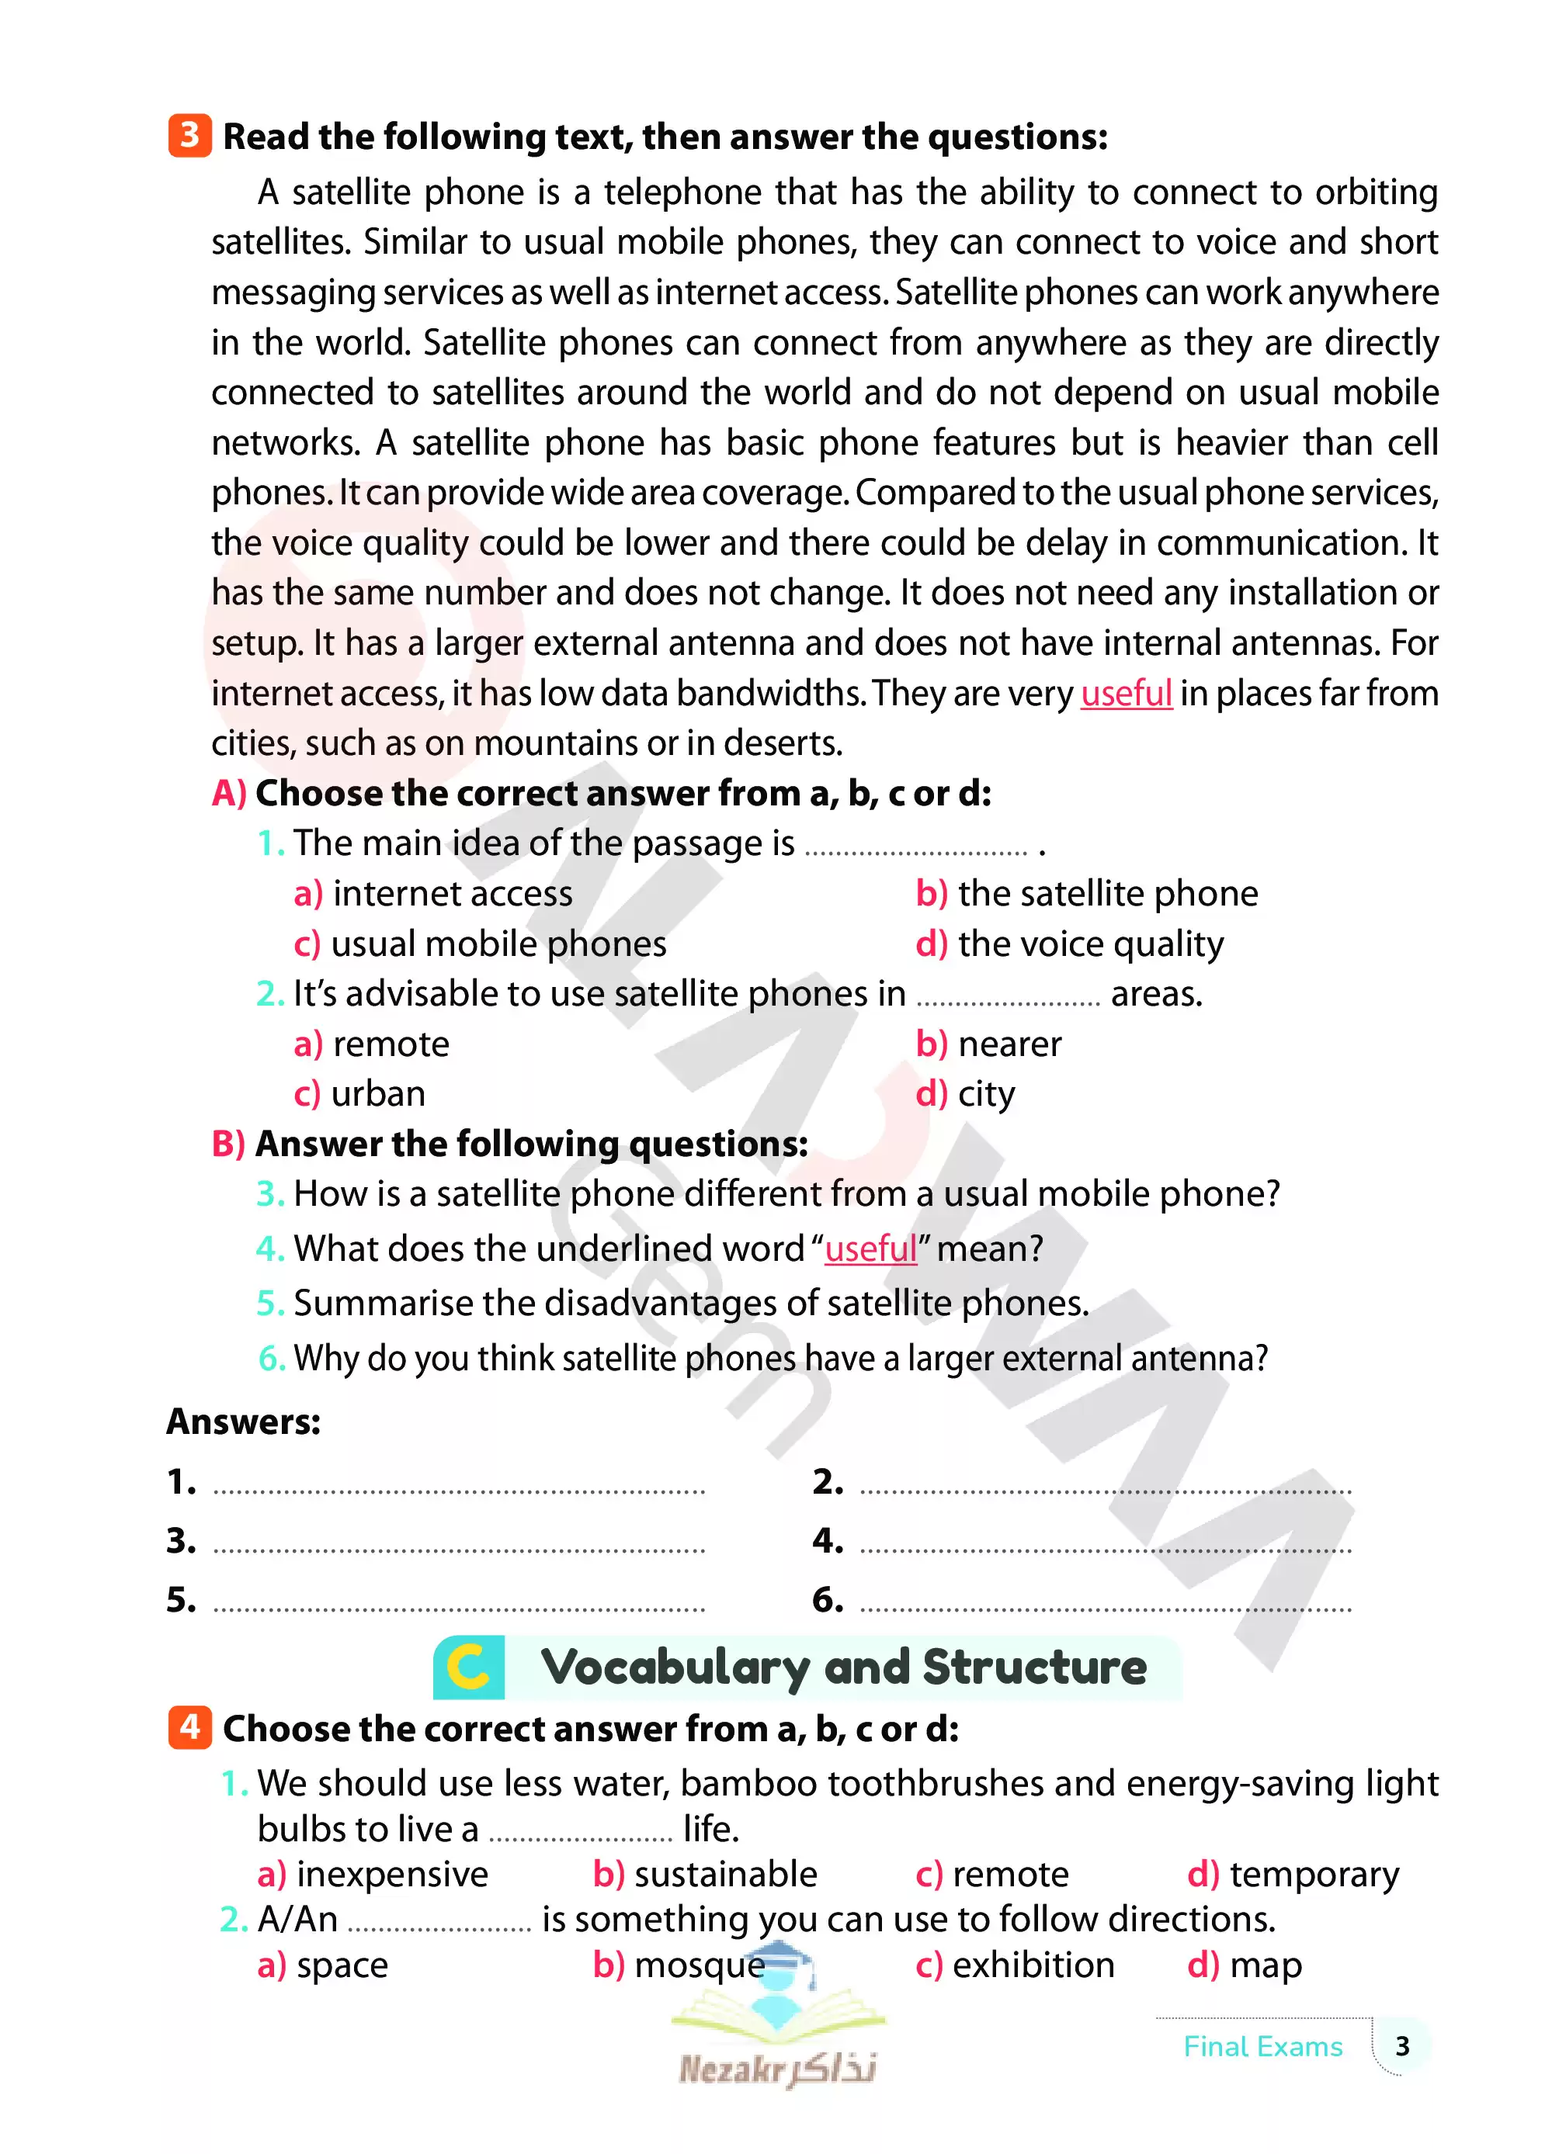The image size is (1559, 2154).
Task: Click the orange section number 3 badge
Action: (189, 135)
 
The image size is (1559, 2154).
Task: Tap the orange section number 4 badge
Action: (189, 1726)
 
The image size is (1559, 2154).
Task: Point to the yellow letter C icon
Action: (468, 1667)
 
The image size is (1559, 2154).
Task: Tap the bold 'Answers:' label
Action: (243, 1422)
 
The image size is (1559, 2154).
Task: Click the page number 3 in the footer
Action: (1402, 2045)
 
